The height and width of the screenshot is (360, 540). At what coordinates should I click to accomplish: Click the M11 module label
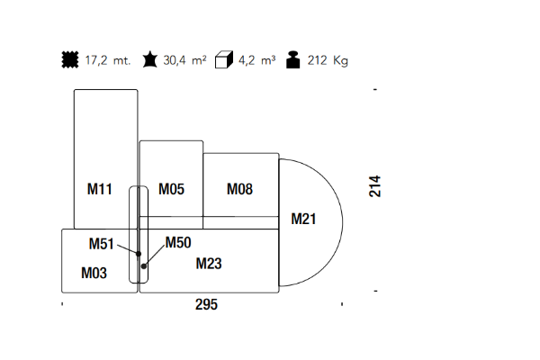(99, 189)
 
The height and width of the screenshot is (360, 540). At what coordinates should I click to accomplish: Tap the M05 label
(171, 189)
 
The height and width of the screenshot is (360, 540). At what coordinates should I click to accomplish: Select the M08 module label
(239, 189)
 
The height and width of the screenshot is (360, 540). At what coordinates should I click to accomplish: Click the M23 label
(209, 264)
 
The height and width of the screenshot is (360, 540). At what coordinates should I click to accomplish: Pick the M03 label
(94, 273)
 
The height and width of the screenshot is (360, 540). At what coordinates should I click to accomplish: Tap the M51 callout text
(101, 244)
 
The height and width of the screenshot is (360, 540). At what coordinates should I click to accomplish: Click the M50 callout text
(178, 242)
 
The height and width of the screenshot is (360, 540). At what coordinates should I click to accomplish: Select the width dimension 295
(206, 305)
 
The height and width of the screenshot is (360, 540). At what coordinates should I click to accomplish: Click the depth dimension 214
(375, 186)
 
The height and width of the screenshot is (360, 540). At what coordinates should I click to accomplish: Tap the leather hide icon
(69, 60)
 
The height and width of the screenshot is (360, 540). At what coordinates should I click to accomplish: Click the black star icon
(148, 60)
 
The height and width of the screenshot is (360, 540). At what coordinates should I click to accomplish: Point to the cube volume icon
(224, 60)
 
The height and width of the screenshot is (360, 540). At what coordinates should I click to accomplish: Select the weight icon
(292, 60)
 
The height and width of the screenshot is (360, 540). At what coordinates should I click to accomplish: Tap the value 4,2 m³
(257, 61)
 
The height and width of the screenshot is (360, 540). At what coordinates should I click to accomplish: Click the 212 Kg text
(328, 61)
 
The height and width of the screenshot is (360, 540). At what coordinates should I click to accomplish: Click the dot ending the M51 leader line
(139, 254)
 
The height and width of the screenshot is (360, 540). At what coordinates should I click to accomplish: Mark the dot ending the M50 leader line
(144, 265)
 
